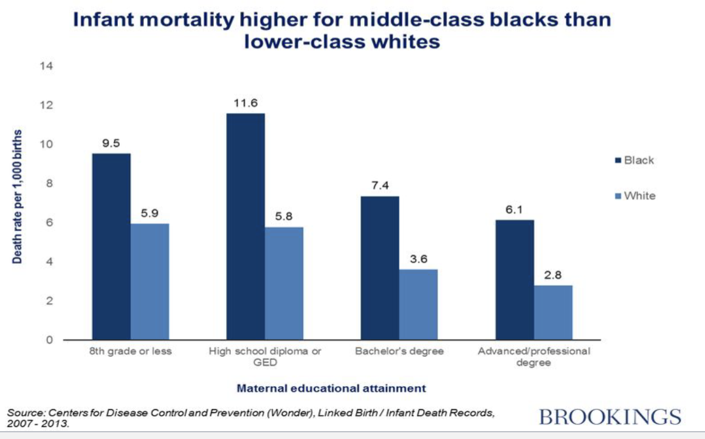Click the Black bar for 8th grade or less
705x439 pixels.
click(x=111, y=246)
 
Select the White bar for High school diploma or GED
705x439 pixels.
click(x=284, y=283)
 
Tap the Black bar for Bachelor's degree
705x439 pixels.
click(x=379, y=268)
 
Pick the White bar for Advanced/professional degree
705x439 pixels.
click(x=552, y=312)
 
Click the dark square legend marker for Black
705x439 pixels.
click(x=618, y=161)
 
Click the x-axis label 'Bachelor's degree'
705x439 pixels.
click(x=399, y=351)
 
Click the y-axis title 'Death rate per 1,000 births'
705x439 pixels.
click(x=18, y=196)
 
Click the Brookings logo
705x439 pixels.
click(x=610, y=417)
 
